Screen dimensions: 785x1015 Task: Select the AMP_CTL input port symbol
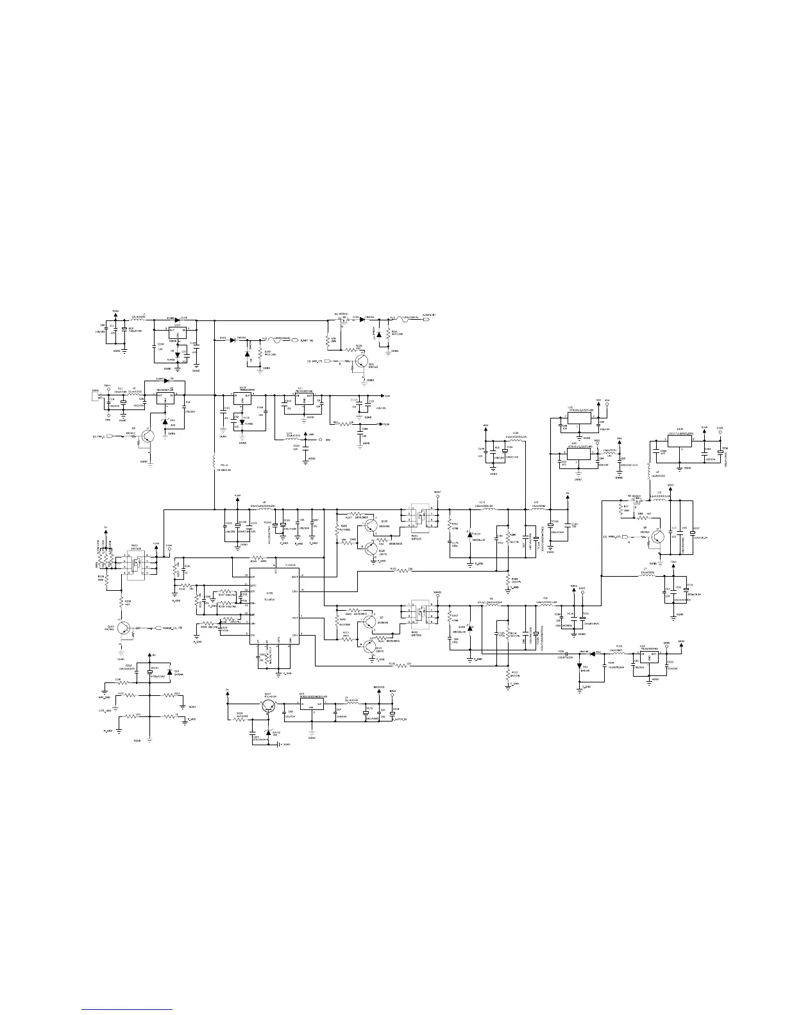[331, 361]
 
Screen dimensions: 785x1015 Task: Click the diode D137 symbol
[469, 534]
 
